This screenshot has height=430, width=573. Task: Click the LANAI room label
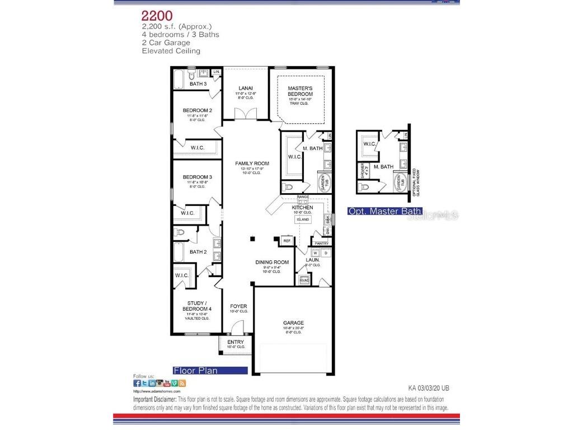(246, 88)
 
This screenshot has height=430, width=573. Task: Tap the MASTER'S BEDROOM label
(300, 91)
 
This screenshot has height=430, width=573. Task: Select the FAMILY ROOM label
(252, 163)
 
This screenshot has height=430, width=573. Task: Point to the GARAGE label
(293, 322)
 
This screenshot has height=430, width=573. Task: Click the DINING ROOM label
(272, 262)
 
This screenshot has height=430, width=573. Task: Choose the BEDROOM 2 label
(197, 110)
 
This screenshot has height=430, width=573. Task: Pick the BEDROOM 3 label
(197, 177)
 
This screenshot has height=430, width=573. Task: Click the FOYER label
(239, 306)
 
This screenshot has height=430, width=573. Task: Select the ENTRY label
(236, 342)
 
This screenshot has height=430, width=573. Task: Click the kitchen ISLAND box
(303, 219)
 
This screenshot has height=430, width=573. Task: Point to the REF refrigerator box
(287, 241)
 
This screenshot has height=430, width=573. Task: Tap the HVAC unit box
(305, 279)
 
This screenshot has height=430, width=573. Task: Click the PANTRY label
(321, 244)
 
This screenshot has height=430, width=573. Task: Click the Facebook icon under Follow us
(137, 383)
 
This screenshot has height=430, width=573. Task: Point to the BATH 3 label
(198, 84)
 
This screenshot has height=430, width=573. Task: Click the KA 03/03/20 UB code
(429, 387)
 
